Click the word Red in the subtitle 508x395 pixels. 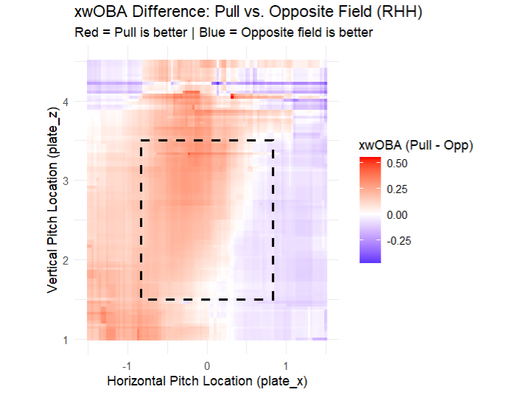coord(86,33)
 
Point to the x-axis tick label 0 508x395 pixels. coord(207,366)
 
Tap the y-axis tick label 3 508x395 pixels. coord(66,181)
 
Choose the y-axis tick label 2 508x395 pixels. coord(66,260)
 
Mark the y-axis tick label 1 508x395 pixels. coord(66,340)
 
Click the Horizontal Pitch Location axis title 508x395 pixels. coord(206,381)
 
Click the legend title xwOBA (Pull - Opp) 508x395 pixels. coord(415,147)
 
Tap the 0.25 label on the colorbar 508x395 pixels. coord(398,189)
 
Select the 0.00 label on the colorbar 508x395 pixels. coord(398,214)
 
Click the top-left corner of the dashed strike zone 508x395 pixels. coord(141,140)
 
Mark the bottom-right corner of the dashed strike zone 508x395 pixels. coord(274,300)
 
